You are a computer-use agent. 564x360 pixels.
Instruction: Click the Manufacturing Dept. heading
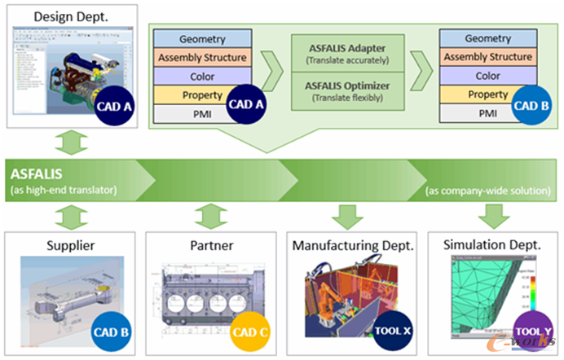point(352,244)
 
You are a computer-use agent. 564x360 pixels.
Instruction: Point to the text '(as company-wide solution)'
point(487,191)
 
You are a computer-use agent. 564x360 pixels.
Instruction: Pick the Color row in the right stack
point(487,76)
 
